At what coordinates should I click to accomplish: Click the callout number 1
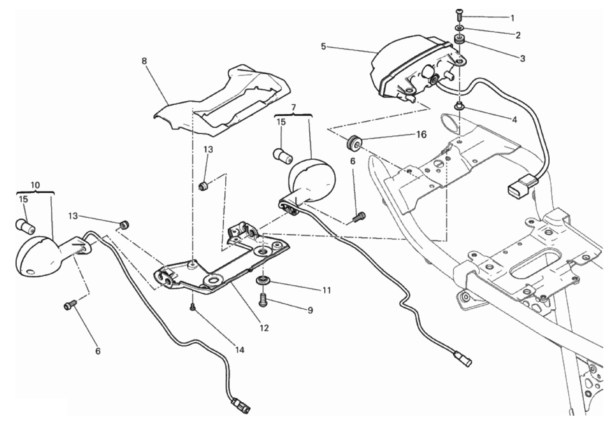(512, 18)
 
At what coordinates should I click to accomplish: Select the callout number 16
(421, 134)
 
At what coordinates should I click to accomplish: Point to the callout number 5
(324, 46)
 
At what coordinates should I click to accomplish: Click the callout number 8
(144, 61)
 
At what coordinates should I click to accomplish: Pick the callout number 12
(264, 328)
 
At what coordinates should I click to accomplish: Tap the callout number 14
(239, 350)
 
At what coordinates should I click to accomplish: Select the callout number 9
(310, 311)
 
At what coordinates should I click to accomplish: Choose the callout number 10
(35, 185)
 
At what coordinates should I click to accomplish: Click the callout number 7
(293, 108)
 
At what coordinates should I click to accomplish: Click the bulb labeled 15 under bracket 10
(26, 227)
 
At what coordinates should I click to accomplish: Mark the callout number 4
(514, 120)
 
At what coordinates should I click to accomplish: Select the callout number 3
(522, 59)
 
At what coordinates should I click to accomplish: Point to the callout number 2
(518, 36)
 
